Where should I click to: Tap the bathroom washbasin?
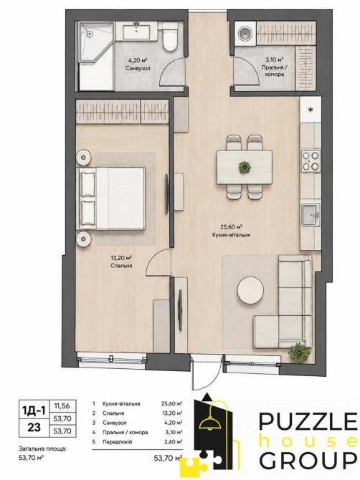coord(136,32)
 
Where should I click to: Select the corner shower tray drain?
coord(90,34)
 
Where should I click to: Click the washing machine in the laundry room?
coord(245,34)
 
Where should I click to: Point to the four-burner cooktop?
coord(311,160)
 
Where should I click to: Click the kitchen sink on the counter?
coord(311,215)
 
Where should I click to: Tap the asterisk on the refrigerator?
coord(311,110)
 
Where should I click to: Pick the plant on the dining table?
coord(245,167)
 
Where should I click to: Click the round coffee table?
coord(250,290)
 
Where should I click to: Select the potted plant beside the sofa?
coord(299,353)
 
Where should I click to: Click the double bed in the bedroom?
coord(112,198)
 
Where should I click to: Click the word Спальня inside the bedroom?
coord(121,266)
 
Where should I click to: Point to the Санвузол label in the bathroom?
coord(138,68)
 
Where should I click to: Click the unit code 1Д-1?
coord(34,411)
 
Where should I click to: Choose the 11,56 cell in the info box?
coord(62,406)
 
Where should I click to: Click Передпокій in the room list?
coord(118,442)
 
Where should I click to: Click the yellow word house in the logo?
coord(308,441)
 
